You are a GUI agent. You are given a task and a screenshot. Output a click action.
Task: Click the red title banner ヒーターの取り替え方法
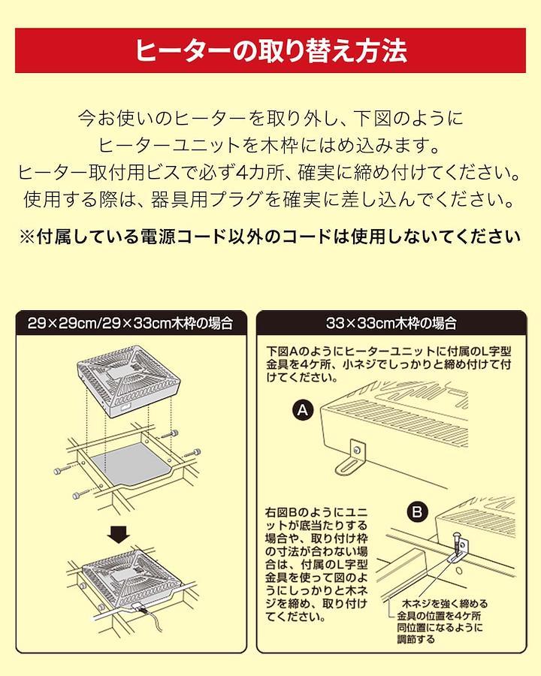(270, 50)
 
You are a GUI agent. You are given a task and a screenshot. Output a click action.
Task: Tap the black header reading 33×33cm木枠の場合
(391, 323)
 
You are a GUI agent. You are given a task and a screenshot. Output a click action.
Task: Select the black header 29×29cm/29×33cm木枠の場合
(131, 323)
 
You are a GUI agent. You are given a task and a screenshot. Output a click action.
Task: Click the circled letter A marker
(303, 410)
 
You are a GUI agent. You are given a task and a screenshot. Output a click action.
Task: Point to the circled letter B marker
(417, 512)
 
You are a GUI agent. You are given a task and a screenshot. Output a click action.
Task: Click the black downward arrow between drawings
(119, 535)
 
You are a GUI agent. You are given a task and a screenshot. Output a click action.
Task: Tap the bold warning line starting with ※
(270, 237)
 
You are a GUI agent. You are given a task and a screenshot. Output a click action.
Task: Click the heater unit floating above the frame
(128, 380)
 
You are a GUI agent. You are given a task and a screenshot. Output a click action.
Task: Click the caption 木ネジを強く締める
(444, 604)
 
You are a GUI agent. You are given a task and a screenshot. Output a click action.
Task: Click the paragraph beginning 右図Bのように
(316, 564)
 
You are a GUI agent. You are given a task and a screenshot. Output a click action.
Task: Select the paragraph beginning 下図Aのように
(388, 364)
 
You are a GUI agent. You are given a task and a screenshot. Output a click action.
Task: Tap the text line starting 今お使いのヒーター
(270, 118)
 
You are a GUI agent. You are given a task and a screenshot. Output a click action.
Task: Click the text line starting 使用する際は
(270, 199)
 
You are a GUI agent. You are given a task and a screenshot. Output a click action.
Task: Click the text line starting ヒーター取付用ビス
(270, 173)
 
